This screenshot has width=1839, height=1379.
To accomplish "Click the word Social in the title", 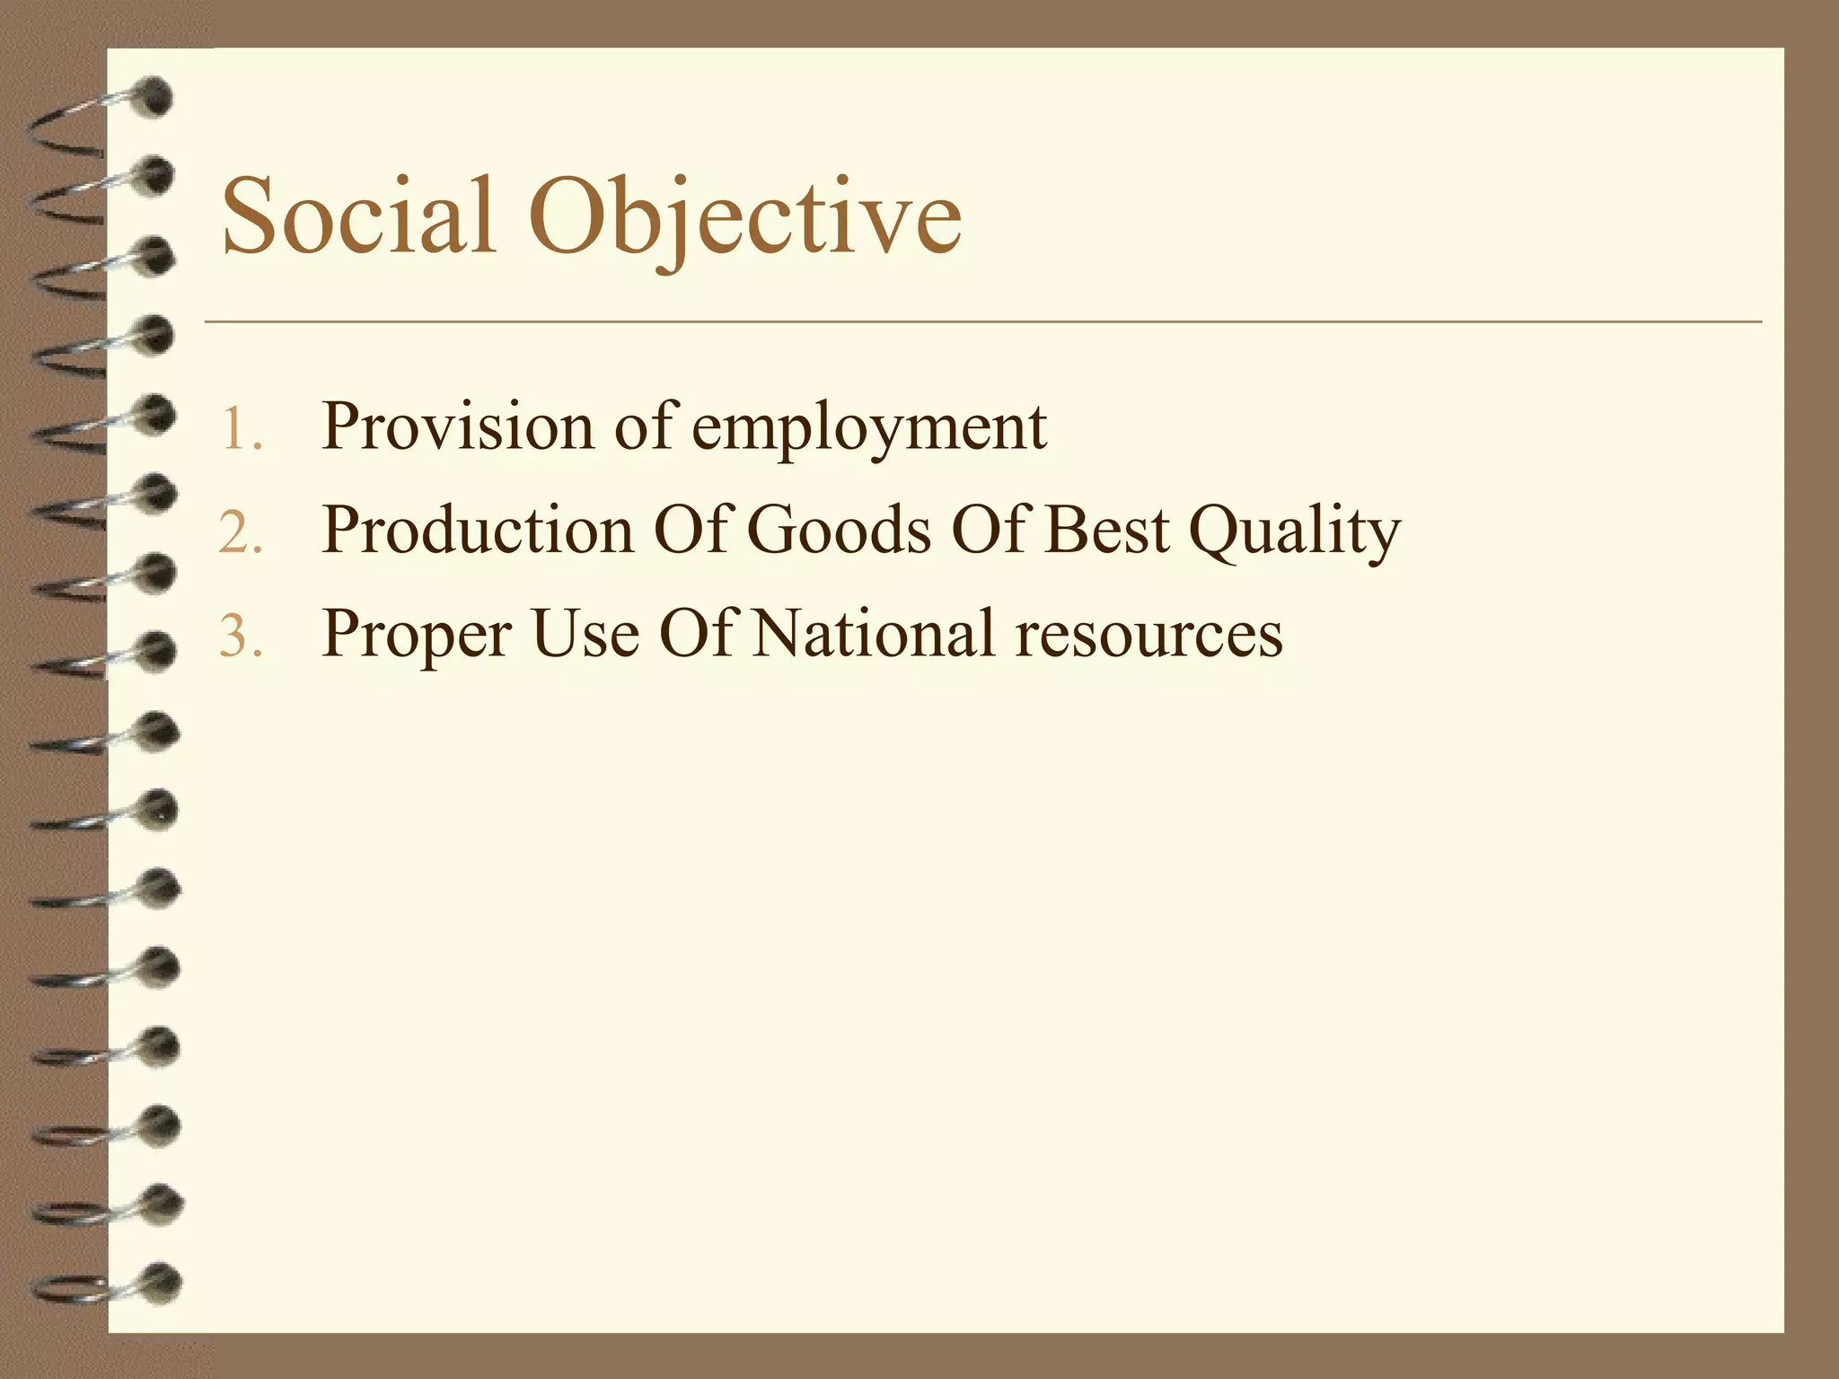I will (358, 216).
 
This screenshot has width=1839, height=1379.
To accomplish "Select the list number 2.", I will (240, 532).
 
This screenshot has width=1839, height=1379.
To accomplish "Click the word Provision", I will (457, 427).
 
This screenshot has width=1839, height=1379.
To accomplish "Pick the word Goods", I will (839, 530).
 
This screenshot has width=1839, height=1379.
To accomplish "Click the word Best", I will (1106, 530).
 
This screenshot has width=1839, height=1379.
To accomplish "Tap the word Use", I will (585, 634).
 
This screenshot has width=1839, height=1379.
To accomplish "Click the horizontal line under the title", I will (982, 321).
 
